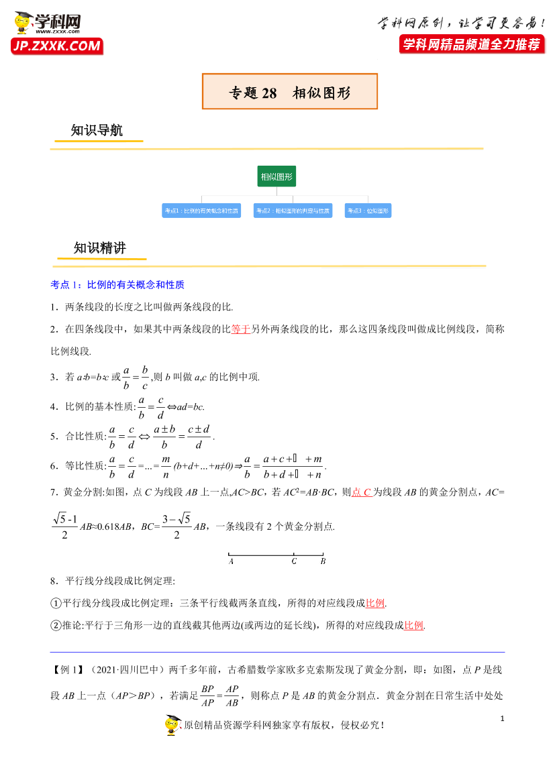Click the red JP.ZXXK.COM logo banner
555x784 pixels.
coord(56,46)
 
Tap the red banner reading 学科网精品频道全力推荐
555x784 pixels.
coord(470,44)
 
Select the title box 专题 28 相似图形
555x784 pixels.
coord(290,92)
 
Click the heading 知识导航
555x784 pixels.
coord(97,131)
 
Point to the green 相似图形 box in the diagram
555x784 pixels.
coord(276,177)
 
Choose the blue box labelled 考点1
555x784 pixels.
coord(201,211)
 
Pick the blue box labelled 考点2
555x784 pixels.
coord(293,211)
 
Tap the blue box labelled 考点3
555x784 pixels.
coord(368,211)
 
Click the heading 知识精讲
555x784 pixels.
coord(100,248)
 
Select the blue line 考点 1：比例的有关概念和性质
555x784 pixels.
coord(117,284)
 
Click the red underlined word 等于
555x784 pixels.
coord(240,329)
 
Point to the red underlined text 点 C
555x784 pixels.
coord(362,492)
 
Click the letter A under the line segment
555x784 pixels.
coord(231,562)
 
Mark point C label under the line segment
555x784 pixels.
coord(294,562)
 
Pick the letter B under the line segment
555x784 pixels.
coord(323,562)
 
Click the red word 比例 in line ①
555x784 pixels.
coord(375,602)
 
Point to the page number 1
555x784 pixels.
coord(502,719)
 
